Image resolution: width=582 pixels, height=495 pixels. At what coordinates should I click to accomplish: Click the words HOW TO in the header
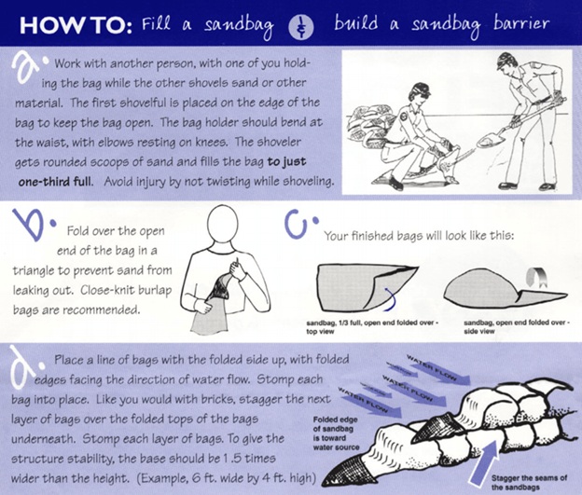pyautogui.click(x=76, y=25)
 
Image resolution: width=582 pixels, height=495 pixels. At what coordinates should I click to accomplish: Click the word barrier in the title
pyautogui.click(x=521, y=23)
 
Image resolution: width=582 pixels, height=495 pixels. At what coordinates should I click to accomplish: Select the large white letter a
pyautogui.click(x=28, y=66)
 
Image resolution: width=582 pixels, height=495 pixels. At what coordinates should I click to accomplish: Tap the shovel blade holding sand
pyautogui.click(x=490, y=140)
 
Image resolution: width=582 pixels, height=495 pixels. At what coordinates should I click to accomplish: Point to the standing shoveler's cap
pyautogui.click(x=507, y=59)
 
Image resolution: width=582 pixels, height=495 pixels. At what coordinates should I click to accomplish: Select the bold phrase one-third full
pyautogui.click(x=54, y=182)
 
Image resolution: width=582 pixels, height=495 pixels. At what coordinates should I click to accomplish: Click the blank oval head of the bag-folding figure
pyautogui.click(x=222, y=224)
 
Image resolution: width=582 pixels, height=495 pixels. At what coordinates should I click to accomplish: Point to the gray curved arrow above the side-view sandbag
pyautogui.click(x=534, y=278)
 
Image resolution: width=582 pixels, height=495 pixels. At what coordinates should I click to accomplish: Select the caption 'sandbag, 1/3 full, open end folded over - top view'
pyautogui.click(x=372, y=326)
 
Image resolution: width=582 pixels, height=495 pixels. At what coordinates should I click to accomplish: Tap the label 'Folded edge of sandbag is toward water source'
pyautogui.click(x=336, y=433)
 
